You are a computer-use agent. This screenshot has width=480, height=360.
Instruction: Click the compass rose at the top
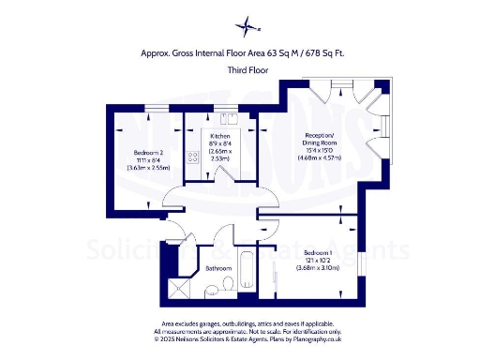tap(246, 25)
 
